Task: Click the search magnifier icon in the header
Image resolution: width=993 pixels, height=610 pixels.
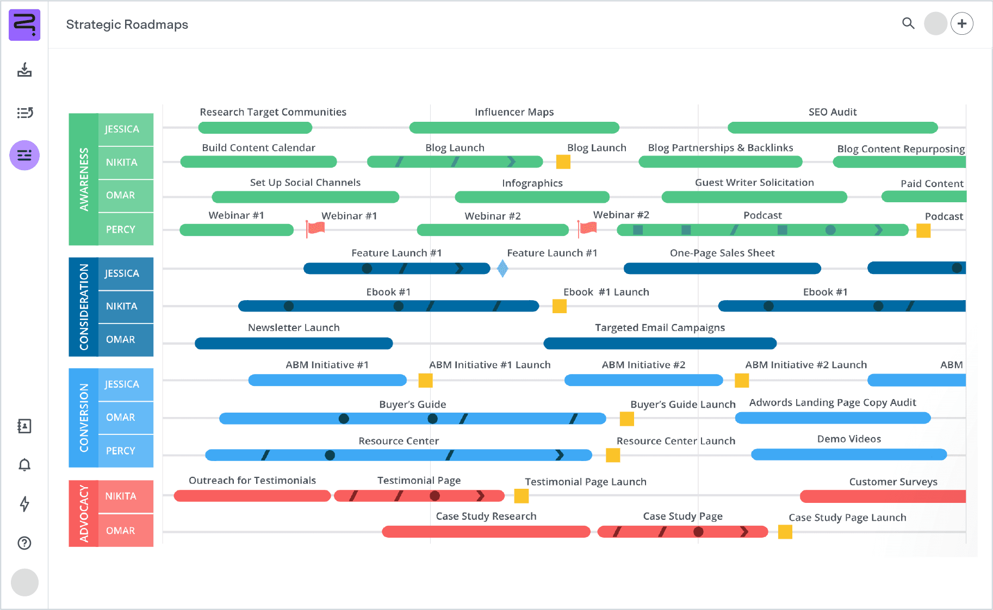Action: [x=908, y=23]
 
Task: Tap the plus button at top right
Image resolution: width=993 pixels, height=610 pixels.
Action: [x=962, y=24]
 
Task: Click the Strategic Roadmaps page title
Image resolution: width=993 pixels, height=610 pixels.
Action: [x=127, y=24]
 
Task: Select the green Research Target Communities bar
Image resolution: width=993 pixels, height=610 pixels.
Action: [x=255, y=128]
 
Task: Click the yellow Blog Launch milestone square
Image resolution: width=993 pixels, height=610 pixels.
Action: [x=563, y=161]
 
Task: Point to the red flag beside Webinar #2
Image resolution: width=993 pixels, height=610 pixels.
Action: [x=587, y=228]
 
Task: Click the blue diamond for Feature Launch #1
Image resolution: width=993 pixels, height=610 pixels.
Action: [x=502, y=268]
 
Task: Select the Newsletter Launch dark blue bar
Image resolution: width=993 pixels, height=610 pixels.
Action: [x=294, y=344]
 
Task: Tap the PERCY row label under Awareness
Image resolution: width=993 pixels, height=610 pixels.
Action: [x=121, y=229]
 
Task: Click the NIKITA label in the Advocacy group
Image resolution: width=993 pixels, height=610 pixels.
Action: [x=121, y=496]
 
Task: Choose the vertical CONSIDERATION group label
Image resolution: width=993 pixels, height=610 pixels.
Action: [x=84, y=307]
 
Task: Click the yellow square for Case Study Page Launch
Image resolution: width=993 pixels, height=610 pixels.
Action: [x=785, y=532]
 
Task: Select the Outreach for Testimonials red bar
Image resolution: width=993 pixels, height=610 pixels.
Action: [x=252, y=496]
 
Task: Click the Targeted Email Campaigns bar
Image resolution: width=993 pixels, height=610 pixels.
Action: [x=660, y=344]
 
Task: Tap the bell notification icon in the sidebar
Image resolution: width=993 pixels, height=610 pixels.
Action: [x=24, y=465]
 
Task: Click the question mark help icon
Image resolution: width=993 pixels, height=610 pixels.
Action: [x=24, y=543]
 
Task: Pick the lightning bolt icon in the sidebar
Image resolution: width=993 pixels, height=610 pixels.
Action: [x=24, y=504]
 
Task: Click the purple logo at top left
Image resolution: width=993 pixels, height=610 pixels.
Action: [x=24, y=24]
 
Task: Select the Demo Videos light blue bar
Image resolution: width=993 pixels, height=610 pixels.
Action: [x=848, y=455]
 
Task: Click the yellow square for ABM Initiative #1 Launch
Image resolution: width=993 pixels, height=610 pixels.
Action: [x=425, y=381]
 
